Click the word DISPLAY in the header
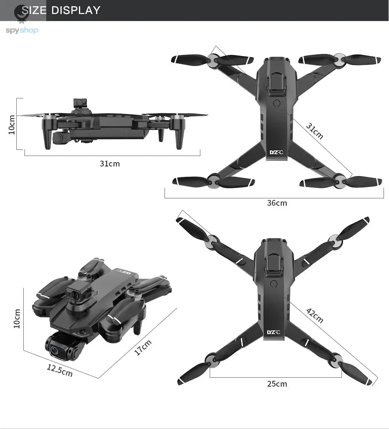click(76, 10)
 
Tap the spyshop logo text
click(22, 30)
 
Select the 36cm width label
click(277, 203)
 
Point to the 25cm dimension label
click(277, 384)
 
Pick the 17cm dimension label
click(143, 347)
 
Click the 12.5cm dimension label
click(60, 370)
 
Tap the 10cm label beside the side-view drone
click(12, 124)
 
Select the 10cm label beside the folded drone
click(17, 319)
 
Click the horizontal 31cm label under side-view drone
click(110, 164)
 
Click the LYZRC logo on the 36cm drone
click(277, 152)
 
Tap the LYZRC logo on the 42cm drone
click(273, 332)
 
